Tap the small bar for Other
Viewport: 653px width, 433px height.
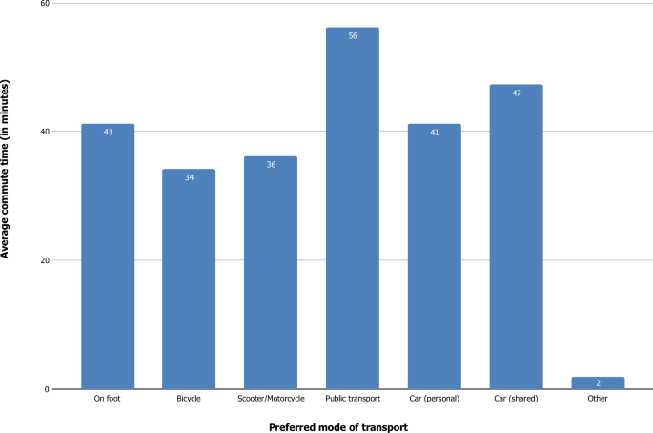point(598,382)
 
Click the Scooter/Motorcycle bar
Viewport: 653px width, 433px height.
point(271,273)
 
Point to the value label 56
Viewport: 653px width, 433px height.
point(353,35)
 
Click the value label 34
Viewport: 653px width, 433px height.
point(189,177)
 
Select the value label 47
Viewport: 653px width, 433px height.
point(516,93)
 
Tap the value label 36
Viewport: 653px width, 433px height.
point(271,164)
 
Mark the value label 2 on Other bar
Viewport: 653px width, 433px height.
point(598,381)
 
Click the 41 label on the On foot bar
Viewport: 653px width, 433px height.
point(108,132)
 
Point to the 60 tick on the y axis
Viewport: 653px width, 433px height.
point(45,4)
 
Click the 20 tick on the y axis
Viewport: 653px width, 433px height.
point(45,260)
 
